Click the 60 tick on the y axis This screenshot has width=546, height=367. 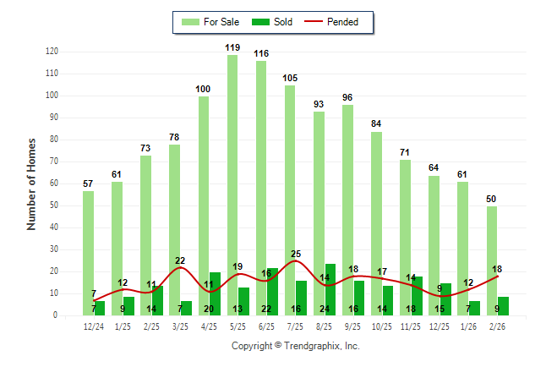click(54, 183)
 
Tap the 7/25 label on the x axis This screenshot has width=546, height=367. click(295, 326)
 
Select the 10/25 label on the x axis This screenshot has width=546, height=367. click(382, 326)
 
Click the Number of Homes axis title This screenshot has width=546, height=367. click(32, 183)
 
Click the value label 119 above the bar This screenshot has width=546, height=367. click(232, 48)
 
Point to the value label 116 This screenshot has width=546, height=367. click(261, 54)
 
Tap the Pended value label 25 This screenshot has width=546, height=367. click(296, 254)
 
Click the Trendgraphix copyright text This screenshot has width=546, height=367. click(296, 346)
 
